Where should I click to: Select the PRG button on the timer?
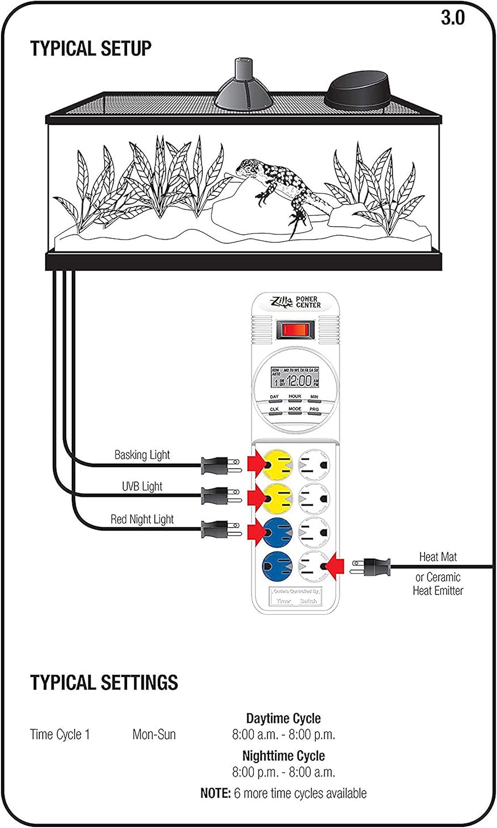click(x=314, y=410)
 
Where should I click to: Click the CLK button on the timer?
click(x=274, y=410)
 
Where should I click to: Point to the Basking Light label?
click(x=142, y=455)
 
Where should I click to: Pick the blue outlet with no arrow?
click(x=277, y=566)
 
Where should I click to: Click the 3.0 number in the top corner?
click(x=452, y=18)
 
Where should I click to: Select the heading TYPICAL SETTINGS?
click(x=104, y=682)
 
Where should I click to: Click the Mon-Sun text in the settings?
click(x=154, y=735)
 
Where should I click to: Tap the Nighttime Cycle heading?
click(x=283, y=755)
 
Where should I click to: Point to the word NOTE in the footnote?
click(x=215, y=793)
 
